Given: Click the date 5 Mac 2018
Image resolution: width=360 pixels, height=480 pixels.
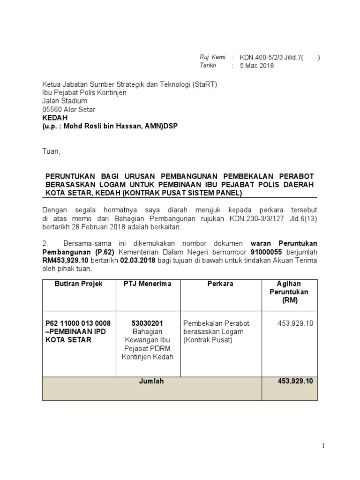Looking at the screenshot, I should coord(257,66).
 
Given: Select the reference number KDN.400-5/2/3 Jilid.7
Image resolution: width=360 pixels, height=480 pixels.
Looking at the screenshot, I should coord(271,58).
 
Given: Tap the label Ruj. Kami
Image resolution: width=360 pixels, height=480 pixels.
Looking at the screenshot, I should coord(212,57).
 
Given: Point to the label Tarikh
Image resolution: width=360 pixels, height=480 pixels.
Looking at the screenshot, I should coord(209,65).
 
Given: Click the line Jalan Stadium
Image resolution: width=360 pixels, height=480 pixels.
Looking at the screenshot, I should coord(64,101).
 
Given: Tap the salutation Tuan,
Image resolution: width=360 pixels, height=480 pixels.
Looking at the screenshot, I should coord(51,152).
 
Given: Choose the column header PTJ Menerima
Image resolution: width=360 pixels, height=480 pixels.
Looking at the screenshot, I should coord(147,284).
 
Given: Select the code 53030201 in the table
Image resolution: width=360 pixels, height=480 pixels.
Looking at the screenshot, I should coord(147,323).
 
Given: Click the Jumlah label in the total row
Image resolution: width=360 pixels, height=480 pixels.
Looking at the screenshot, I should coord(151,381).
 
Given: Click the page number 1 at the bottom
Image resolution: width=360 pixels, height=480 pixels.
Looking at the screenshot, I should coord(323,446).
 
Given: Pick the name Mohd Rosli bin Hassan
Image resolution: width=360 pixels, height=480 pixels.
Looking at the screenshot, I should coord(100,126).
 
